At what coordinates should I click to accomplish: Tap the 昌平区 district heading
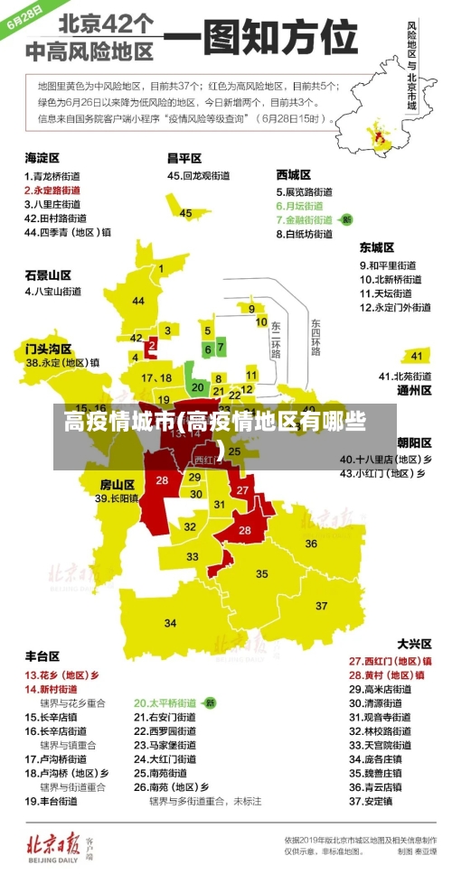(x=184, y=159)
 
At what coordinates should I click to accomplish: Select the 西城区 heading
(x=294, y=174)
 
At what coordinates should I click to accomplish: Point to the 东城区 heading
(x=376, y=246)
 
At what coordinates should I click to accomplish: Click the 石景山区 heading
(x=48, y=274)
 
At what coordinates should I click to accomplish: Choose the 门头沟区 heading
(x=48, y=348)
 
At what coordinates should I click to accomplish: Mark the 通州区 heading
(x=414, y=391)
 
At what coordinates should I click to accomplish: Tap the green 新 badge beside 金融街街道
(x=346, y=219)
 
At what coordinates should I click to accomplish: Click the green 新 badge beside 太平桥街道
(x=210, y=702)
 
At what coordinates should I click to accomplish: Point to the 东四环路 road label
(x=315, y=336)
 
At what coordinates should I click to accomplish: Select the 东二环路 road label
(x=276, y=336)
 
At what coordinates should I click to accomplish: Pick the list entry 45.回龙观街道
(x=201, y=176)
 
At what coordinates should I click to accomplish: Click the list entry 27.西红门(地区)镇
(x=390, y=661)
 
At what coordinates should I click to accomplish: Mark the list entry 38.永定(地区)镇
(x=62, y=363)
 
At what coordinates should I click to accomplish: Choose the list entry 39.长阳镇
(x=117, y=497)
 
